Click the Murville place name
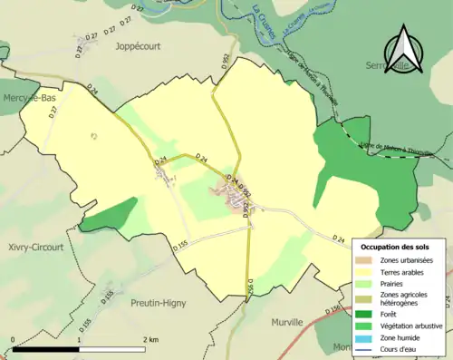click(291, 322)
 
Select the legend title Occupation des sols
click(397, 247)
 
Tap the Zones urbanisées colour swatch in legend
click(368, 260)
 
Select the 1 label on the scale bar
click(80, 338)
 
